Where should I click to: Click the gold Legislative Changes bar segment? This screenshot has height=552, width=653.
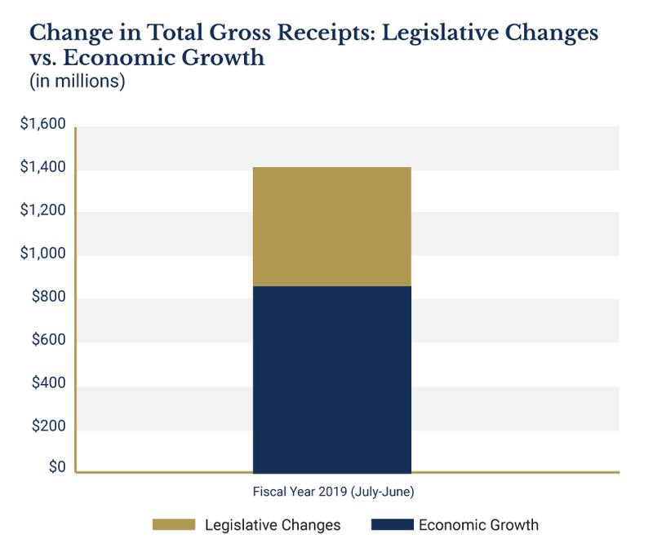tap(332, 226)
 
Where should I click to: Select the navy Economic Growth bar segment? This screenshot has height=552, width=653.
tap(332, 379)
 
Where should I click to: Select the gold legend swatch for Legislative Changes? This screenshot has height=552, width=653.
tap(173, 525)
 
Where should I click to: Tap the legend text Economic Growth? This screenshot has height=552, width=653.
tap(479, 525)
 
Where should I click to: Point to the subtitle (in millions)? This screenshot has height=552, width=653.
tap(77, 82)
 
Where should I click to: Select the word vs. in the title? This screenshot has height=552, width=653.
tap(47, 60)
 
